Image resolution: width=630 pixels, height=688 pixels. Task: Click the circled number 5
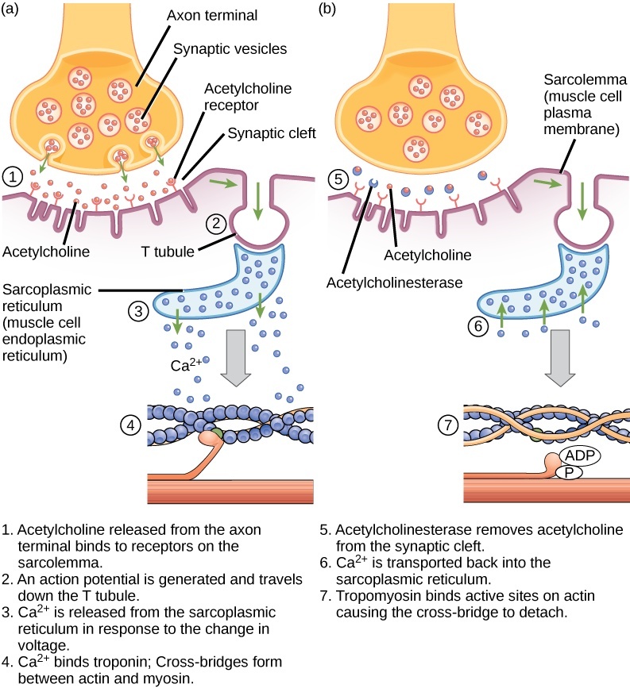[x=338, y=179]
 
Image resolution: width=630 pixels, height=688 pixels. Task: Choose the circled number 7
[x=450, y=425]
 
